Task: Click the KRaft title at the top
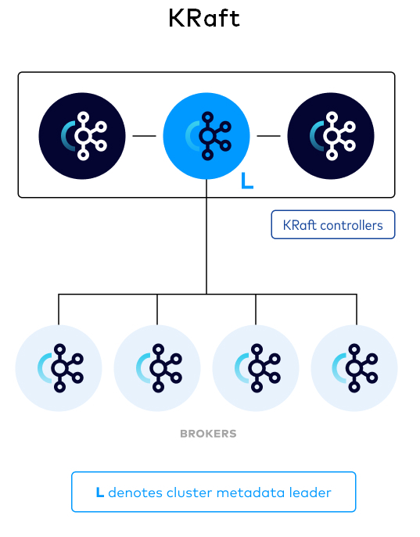pyautogui.click(x=204, y=18)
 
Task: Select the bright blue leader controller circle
pyautogui.click(x=206, y=134)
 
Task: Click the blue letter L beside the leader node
pyautogui.click(x=247, y=181)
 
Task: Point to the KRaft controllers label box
pyautogui.click(x=333, y=225)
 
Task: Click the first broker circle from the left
pyautogui.click(x=59, y=368)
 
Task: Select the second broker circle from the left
pyautogui.click(x=157, y=368)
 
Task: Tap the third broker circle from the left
pyautogui.click(x=256, y=368)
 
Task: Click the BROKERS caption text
pyautogui.click(x=208, y=433)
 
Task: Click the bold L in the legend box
pyautogui.click(x=99, y=492)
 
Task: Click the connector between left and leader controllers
pyautogui.click(x=144, y=135)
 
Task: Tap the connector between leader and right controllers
pyautogui.click(x=268, y=135)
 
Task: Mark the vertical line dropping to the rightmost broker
pyautogui.click(x=357, y=310)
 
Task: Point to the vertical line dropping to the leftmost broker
pyautogui.click(x=59, y=310)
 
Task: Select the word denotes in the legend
pyautogui.click(x=131, y=492)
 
